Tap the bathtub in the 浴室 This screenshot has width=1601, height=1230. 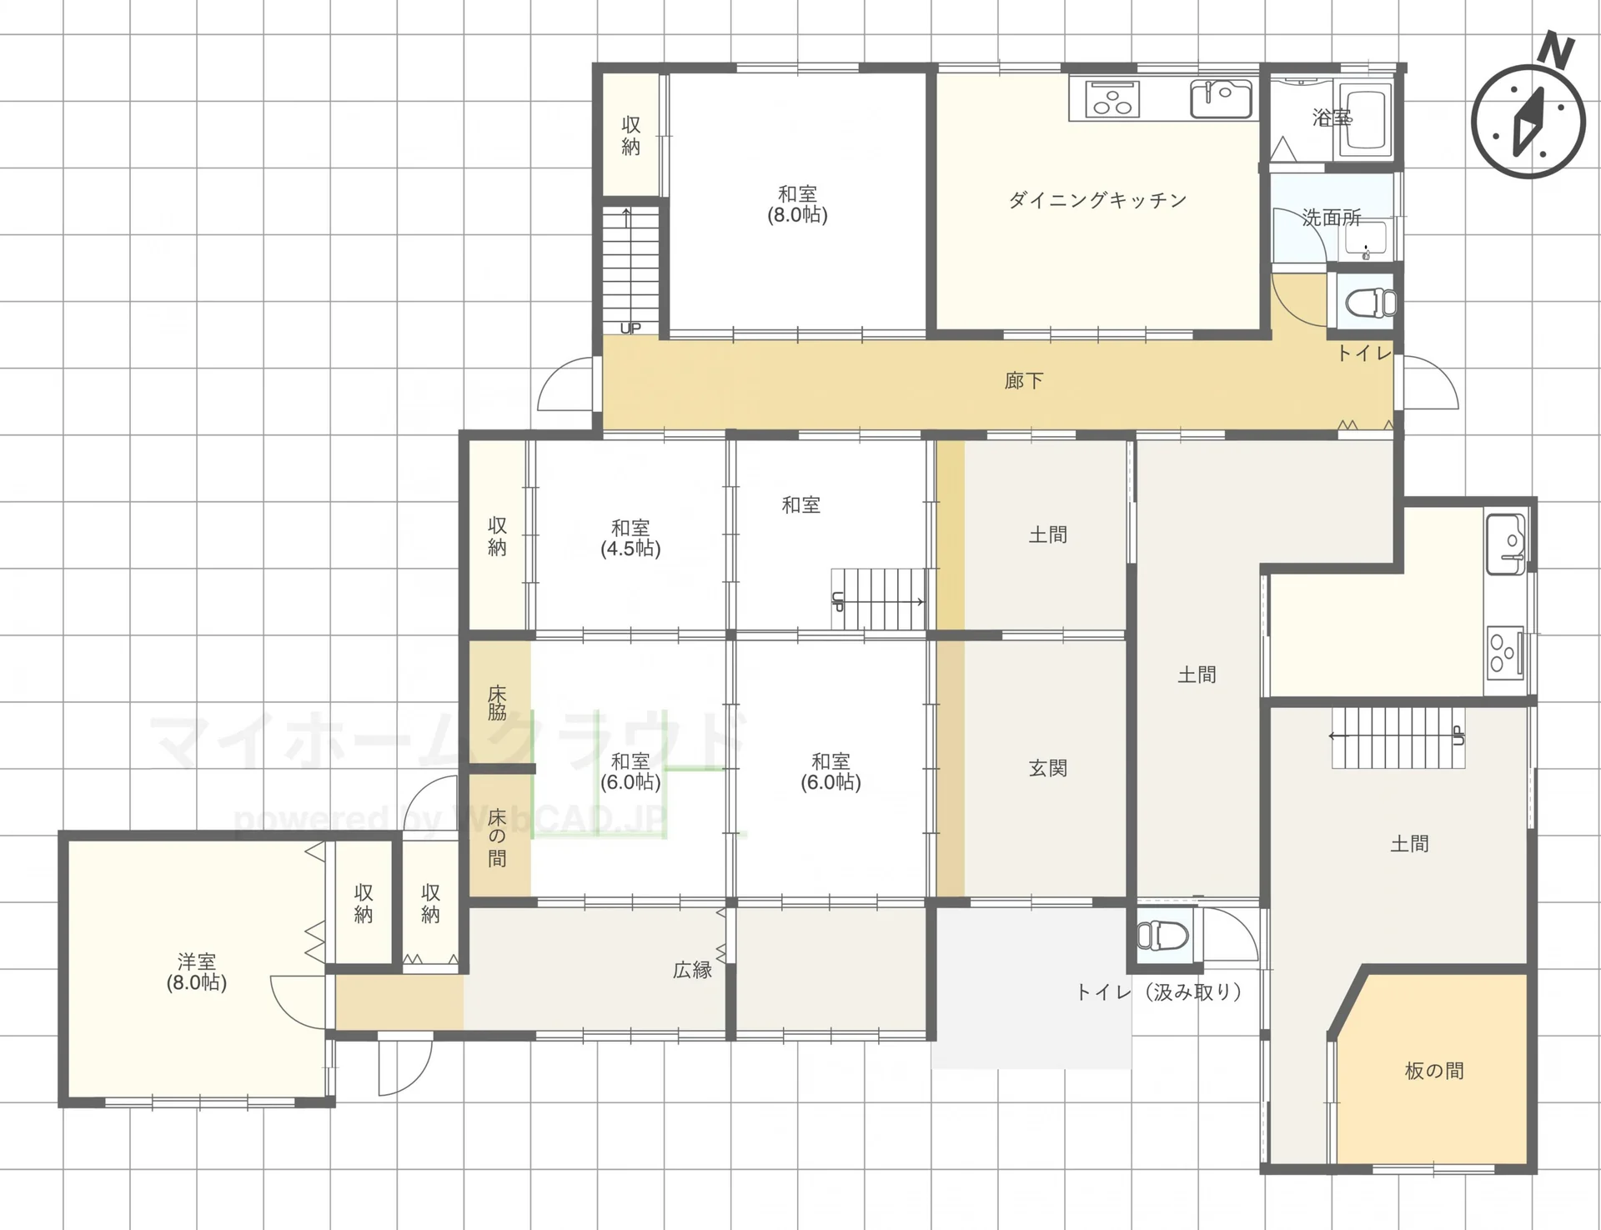[x=1366, y=121]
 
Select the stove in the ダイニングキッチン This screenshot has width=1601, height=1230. [x=1111, y=98]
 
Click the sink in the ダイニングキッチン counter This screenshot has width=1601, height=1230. [x=1221, y=99]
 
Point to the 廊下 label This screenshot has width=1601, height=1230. [x=1023, y=381]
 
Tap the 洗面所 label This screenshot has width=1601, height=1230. [x=1332, y=218]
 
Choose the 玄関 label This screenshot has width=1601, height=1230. [x=1047, y=767]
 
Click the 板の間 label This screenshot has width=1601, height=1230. [x=1434, y=1070]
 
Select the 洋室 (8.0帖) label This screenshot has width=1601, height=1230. [x=197, y=971]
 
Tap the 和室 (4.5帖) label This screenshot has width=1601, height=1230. [x=630, y=538]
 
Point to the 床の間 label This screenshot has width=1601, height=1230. [x=497, y=837]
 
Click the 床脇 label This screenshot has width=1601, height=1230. [x=497, y=702]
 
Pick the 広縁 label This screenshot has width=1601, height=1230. [x=693, y=969]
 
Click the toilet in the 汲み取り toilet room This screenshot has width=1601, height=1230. [x=1162, y=935]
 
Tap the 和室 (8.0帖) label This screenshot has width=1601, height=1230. [x=797, y=204]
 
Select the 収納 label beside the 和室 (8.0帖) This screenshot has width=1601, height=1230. [x=631, y=136]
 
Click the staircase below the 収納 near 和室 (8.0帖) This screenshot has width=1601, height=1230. [x=631, y=269]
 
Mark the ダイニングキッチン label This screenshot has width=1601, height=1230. [x=1097, y=200]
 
